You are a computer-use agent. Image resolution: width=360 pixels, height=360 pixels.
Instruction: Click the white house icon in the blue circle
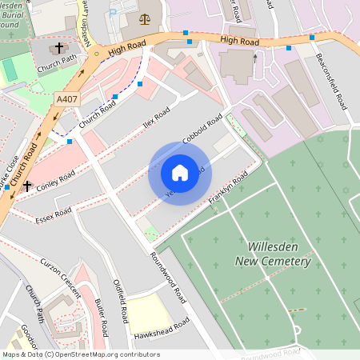pyautogui.click(x=180, y=172)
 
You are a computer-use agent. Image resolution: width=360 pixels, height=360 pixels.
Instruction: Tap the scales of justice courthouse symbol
pyautogui.click(x=144, y=18)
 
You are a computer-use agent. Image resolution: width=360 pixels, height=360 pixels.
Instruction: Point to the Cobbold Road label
pyautogui.click(x=202, y=130)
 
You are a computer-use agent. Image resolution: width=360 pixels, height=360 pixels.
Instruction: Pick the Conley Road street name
pyautogui.click(x=55, y=178)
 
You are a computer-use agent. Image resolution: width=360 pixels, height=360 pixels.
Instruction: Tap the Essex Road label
pyautogui.click(x=54, y=215)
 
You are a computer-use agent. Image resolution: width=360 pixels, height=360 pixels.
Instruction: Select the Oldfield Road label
pyautogui.click(x=121, y=301)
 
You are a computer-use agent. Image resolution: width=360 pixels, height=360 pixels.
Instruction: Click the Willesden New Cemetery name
pyautogui.click(x=273, y=254)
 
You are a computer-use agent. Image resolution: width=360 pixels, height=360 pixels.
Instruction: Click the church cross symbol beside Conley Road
pyautogui.click(x=28, y=186)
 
